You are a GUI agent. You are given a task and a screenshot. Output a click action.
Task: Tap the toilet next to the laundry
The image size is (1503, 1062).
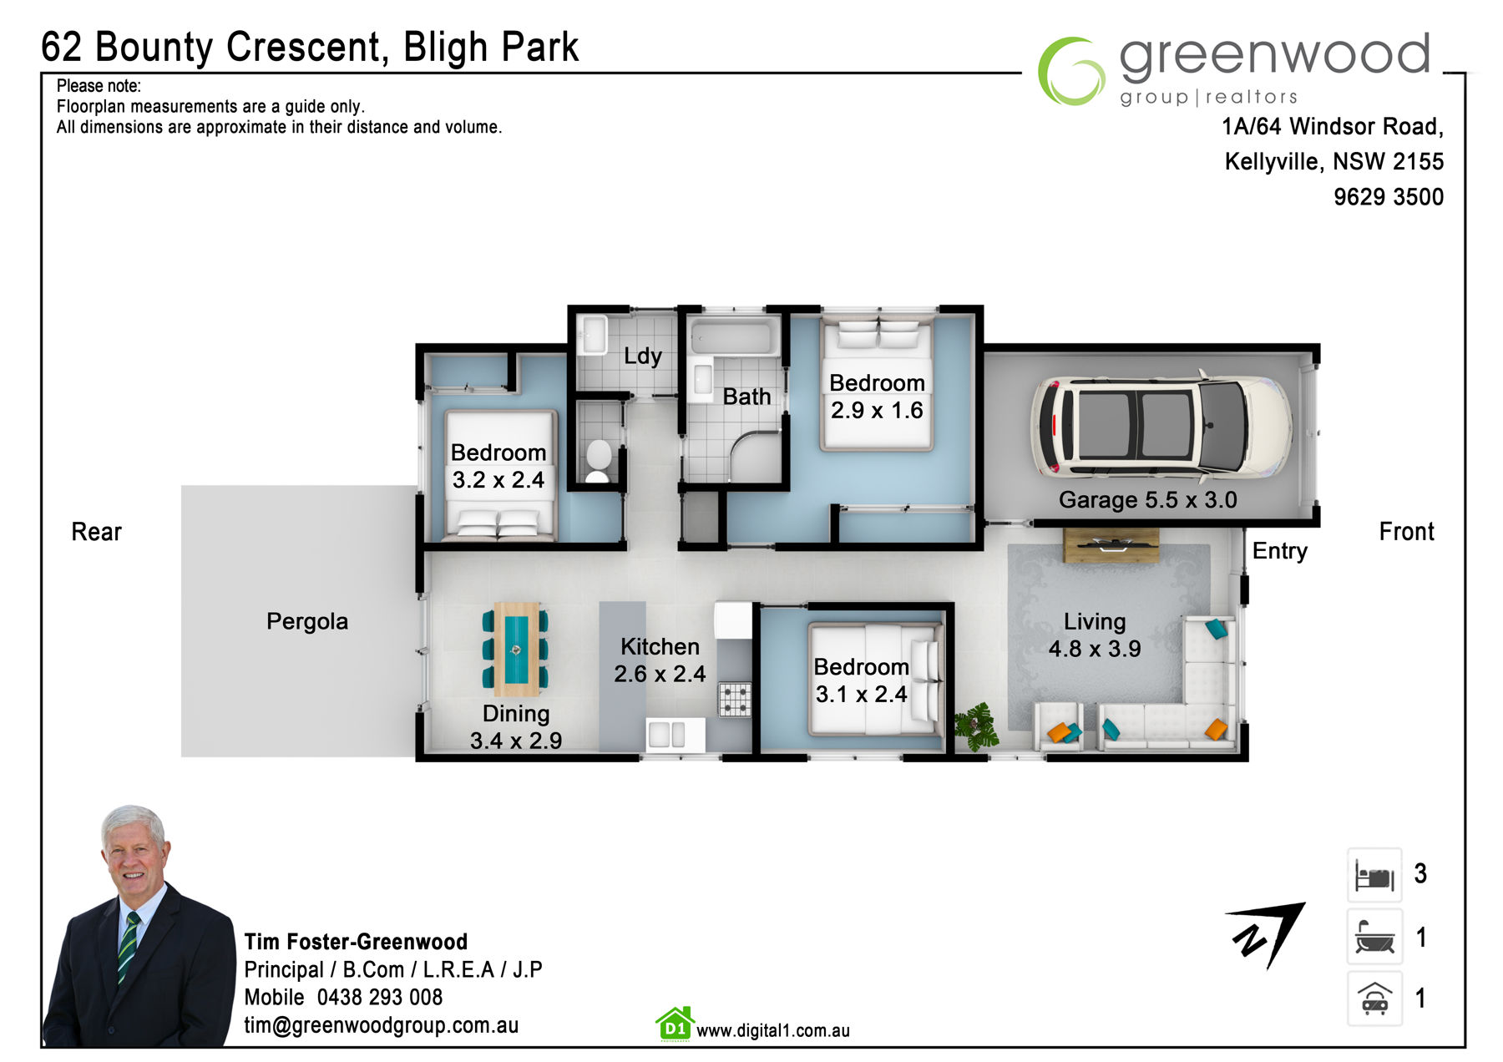coord(598,460)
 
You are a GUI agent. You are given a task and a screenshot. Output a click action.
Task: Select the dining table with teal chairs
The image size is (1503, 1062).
coord(516,649)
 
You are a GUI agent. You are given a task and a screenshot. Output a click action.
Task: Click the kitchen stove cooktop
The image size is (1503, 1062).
coord(735,700)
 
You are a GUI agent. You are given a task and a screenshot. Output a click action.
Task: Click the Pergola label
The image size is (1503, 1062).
coord(307,621)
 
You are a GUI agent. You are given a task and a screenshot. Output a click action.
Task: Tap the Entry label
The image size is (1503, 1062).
coord(1279,551)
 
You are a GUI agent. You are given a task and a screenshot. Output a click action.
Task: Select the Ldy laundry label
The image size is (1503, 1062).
coord(642,356)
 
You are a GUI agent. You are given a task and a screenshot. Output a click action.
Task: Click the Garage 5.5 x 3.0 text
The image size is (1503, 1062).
coord(1147,499)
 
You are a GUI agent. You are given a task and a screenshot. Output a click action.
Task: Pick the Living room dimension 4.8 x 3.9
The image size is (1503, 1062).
coord(1095,649)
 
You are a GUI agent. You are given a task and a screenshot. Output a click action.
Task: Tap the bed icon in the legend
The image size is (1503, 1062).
coord(1374,876)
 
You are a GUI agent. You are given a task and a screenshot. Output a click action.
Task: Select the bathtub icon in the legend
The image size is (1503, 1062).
coord(1374,937)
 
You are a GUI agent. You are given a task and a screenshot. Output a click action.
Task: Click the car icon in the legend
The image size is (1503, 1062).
coord(1374,998)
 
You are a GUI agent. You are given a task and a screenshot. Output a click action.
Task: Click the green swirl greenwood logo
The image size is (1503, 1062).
coord(1070,71)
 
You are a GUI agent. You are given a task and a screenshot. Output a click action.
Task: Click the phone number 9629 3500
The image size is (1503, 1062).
coord(1388,197)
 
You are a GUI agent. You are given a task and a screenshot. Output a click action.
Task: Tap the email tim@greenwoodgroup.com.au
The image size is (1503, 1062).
coord(381,1025)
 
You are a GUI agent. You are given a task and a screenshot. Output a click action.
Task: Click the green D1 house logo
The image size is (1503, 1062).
coord(675,1024)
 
